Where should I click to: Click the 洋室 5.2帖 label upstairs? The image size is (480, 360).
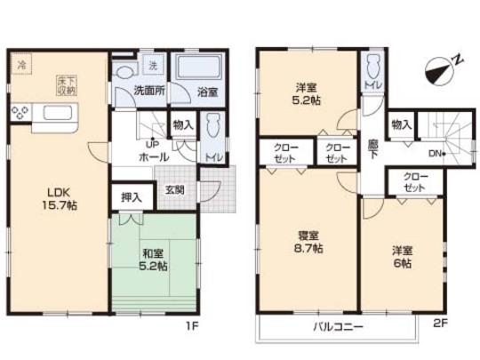coord(308,94)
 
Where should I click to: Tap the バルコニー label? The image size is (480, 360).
coord(337,326)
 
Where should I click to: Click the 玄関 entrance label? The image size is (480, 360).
coord(174,189)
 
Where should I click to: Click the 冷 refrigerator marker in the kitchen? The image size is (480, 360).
coord(20,64)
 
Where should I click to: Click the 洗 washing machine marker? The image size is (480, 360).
coord(152,65)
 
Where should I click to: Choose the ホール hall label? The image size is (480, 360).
coord(155,156)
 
